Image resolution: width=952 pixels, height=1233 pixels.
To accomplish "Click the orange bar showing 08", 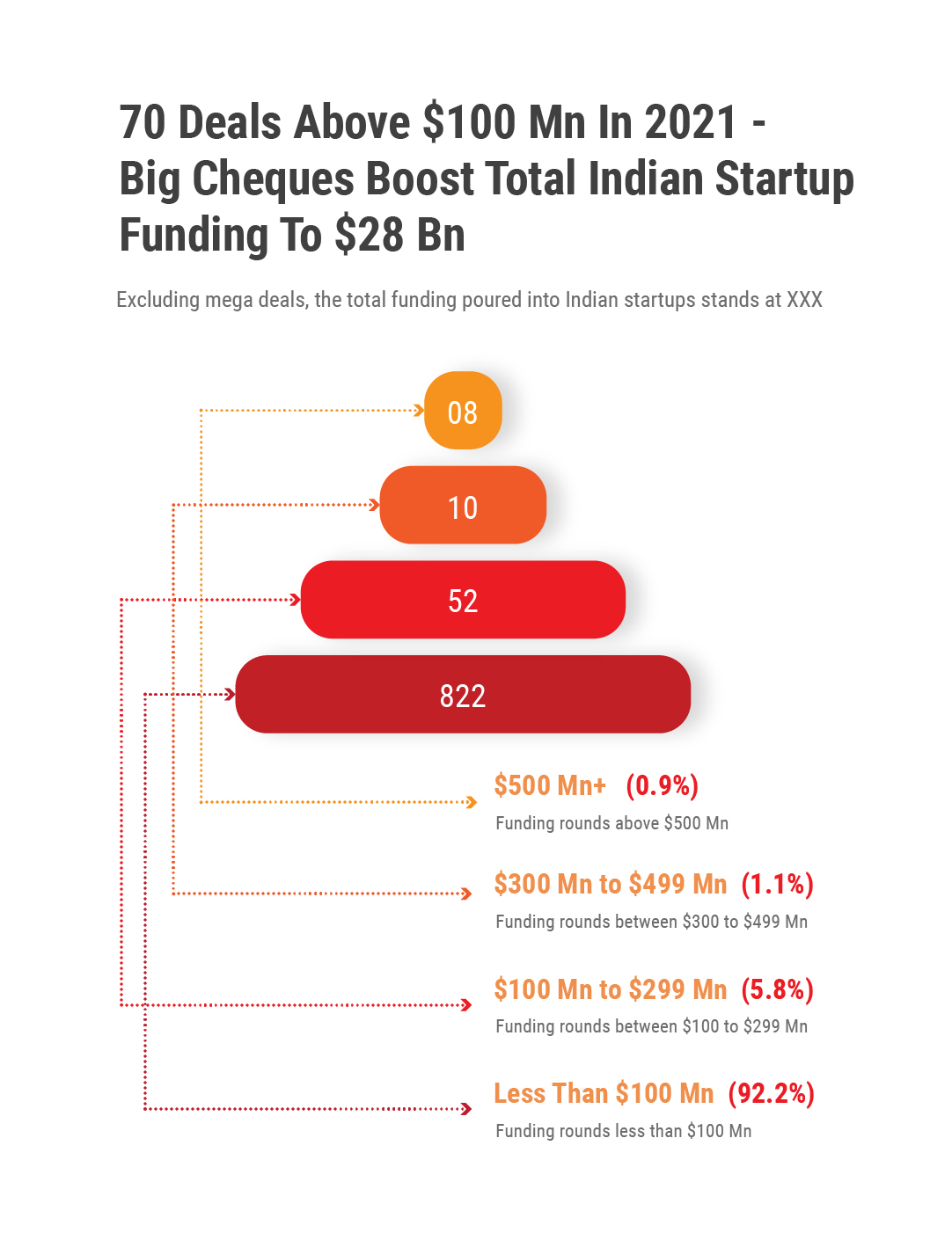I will click(463, 411).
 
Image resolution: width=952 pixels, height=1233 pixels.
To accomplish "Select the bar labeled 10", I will click(463, 506).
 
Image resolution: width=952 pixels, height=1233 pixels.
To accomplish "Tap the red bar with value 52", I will click(463, 600).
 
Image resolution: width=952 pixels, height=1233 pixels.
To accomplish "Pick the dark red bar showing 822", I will click(463, 695).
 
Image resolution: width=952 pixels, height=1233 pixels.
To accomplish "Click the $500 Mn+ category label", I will click(550, 785).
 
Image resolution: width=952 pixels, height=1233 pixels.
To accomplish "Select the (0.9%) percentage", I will click(662, 785).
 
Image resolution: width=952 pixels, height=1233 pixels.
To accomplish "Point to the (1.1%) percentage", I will click(777, 884).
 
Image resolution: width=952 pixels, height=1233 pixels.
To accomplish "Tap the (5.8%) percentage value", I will click(777, 989).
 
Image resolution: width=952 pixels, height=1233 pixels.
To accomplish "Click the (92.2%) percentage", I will click(771, 1093).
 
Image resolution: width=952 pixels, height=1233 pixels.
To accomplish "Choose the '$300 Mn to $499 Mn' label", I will click(611, 884).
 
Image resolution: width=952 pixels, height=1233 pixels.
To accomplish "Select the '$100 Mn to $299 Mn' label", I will click(611, 989).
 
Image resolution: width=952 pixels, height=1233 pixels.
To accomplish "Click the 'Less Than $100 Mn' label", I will click(604, 1093).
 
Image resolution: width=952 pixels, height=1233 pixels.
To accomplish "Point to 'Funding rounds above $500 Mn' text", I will click(611, 823).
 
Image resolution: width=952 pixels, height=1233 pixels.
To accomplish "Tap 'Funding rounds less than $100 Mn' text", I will click(623, 1131).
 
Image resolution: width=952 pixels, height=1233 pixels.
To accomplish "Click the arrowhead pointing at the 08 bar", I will click(420, 410).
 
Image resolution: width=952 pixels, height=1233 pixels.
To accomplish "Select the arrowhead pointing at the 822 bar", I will click(231, 695).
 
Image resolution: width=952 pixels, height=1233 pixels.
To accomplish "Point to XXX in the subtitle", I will click(804, 300).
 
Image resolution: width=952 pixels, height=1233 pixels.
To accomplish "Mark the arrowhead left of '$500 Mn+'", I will click(472, 802).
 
